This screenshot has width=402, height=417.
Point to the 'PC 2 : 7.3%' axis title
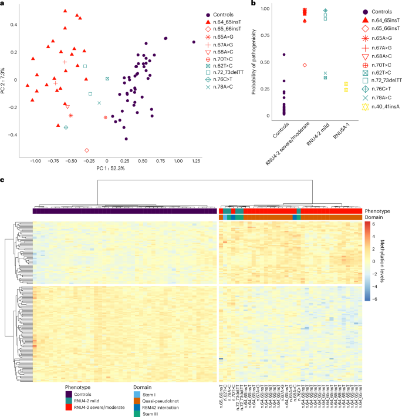[x=4, y=80]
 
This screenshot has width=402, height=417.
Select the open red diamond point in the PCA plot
[x=87, y=150]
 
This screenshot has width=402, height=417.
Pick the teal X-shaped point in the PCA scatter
[x=99, y=103]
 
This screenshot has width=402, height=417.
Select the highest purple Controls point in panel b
[x=284, y=55]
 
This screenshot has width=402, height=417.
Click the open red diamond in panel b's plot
[x=305, y=65]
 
